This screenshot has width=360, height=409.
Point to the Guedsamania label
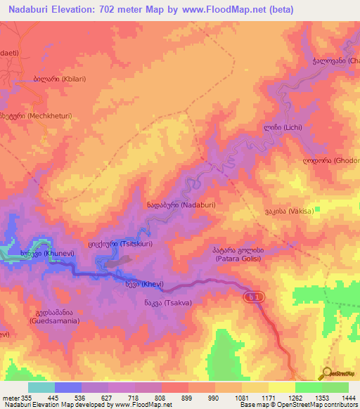point(54,316)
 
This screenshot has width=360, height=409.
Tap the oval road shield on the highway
point(256,298)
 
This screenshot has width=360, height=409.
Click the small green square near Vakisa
point(318,209)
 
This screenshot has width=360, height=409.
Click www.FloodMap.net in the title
point(221,9)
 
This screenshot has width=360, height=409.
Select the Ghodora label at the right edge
point(330,160)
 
